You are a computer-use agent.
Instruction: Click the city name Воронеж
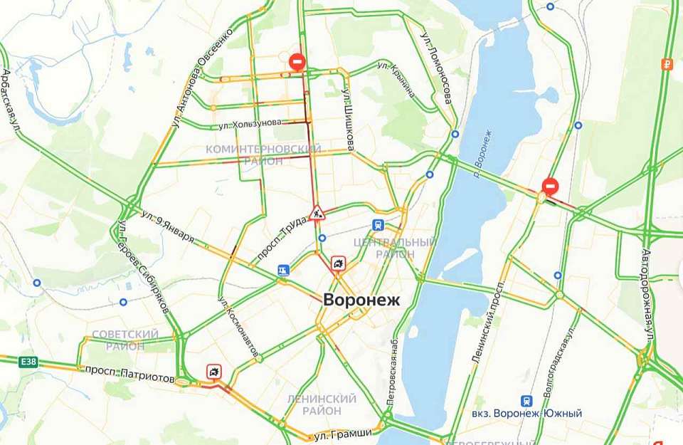[x=361, y=300]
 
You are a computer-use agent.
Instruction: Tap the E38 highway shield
[x=28, y=362]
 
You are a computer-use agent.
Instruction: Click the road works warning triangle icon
[x=317, y=211]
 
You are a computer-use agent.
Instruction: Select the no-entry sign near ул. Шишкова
[x=297, y=62]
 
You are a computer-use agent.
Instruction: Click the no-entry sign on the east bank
[x=549, y=187]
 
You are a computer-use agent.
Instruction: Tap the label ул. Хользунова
[x=250, y=124]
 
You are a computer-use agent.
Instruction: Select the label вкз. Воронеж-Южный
[x=526, y=414]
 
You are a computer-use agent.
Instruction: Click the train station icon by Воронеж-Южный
[x=527, y=401]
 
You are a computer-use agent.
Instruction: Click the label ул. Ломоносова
[x=436, y=68]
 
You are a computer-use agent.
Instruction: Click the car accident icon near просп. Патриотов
[x=213, y=371]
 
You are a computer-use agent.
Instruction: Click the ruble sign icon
[x=667, y=64]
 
